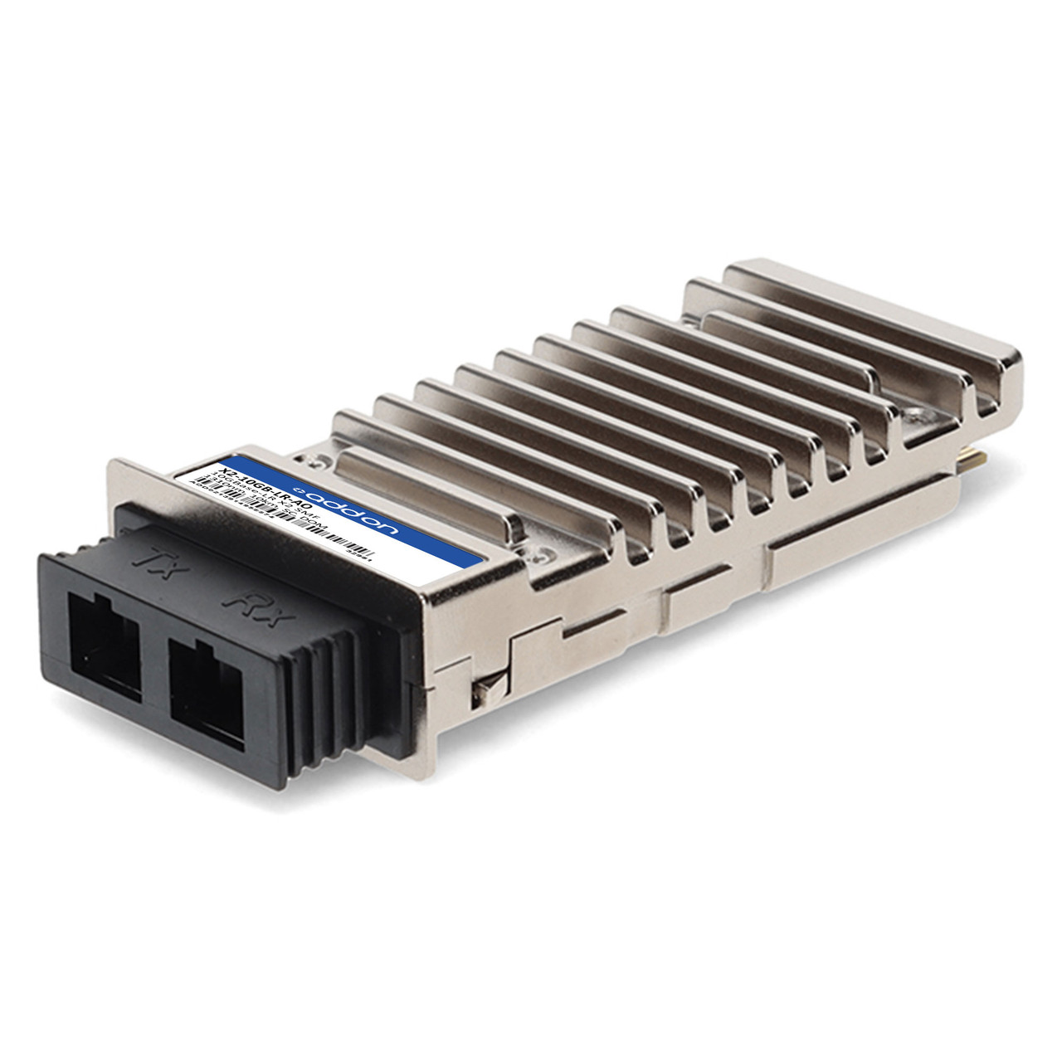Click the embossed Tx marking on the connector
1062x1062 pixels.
[x=158, y=565]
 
